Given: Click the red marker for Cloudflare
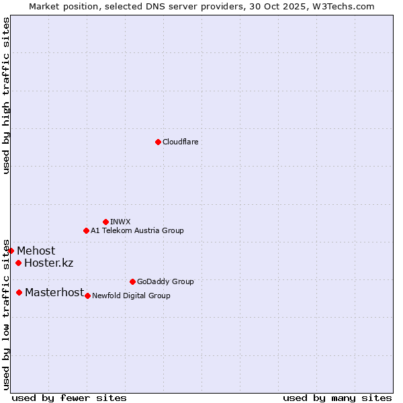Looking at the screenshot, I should click(x=158, y=142).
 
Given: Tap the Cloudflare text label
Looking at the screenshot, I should click(x=181, y=142).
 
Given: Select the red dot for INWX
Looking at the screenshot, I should click(x=105, y=222).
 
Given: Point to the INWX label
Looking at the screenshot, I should click(x=121, y=222).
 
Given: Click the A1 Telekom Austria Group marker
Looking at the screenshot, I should click(x=86, y=230).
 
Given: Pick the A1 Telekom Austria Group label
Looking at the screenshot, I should click(x=137, y=230).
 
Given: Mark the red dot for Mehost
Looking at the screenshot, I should click(x=11, y=251).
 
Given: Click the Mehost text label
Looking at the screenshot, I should click(x=36, y=251).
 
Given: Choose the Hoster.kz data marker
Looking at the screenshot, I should click(x=18, y=263).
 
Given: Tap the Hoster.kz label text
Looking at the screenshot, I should click(x=48, y=263).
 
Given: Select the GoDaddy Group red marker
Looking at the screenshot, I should click(x=132, y=281).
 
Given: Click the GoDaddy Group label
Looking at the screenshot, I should click(x=165, y=281).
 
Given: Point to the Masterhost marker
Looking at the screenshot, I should click(x=19, y=292).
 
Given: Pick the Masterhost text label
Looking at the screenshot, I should click(x=54, y=292).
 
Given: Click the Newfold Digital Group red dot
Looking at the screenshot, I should click(x=87, y=296).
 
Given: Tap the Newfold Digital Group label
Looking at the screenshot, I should click(x=131, y=296).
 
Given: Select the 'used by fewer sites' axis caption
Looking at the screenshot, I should click(x=69, y=398).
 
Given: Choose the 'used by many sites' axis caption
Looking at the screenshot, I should click(x=337, y=398).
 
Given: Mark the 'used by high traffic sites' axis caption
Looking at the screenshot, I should click(x=6, y=95).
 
